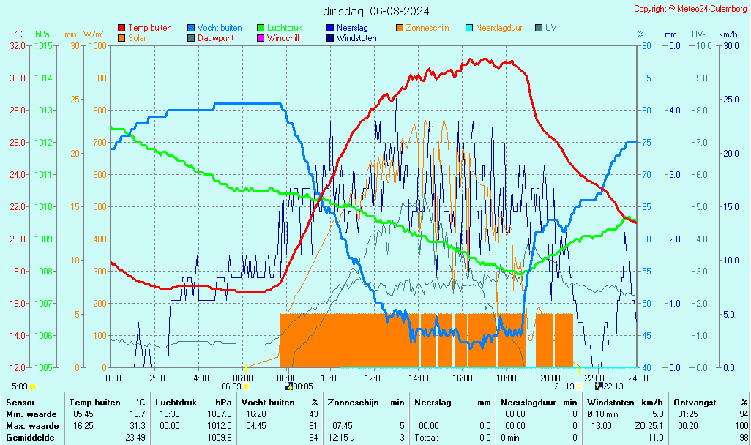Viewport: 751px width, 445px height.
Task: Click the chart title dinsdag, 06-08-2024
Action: coord(376,11)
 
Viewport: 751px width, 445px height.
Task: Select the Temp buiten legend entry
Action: coord(149,28)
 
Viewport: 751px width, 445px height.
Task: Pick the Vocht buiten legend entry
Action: coord(219,28)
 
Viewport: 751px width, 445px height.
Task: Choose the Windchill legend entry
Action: coord(282,38)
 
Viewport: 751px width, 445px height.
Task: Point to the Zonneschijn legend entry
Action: coord(427,28)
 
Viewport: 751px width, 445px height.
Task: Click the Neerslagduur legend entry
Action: coord(498,28)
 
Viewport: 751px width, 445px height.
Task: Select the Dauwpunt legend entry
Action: coord(215,38)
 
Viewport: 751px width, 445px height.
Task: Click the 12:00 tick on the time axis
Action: coord(375,378)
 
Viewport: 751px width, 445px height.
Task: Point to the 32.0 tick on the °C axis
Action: coord(18,45)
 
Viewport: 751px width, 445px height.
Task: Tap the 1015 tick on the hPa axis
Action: coord(44,45)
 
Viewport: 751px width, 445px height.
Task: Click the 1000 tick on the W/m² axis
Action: coord(97,45)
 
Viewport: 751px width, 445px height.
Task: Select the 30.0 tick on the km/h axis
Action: coord(729,45)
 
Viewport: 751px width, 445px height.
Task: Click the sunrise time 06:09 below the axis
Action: coord(231,386)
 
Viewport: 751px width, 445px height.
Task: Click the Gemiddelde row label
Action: coord(31,438)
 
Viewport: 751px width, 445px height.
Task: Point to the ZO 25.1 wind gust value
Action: coord(649,426)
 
